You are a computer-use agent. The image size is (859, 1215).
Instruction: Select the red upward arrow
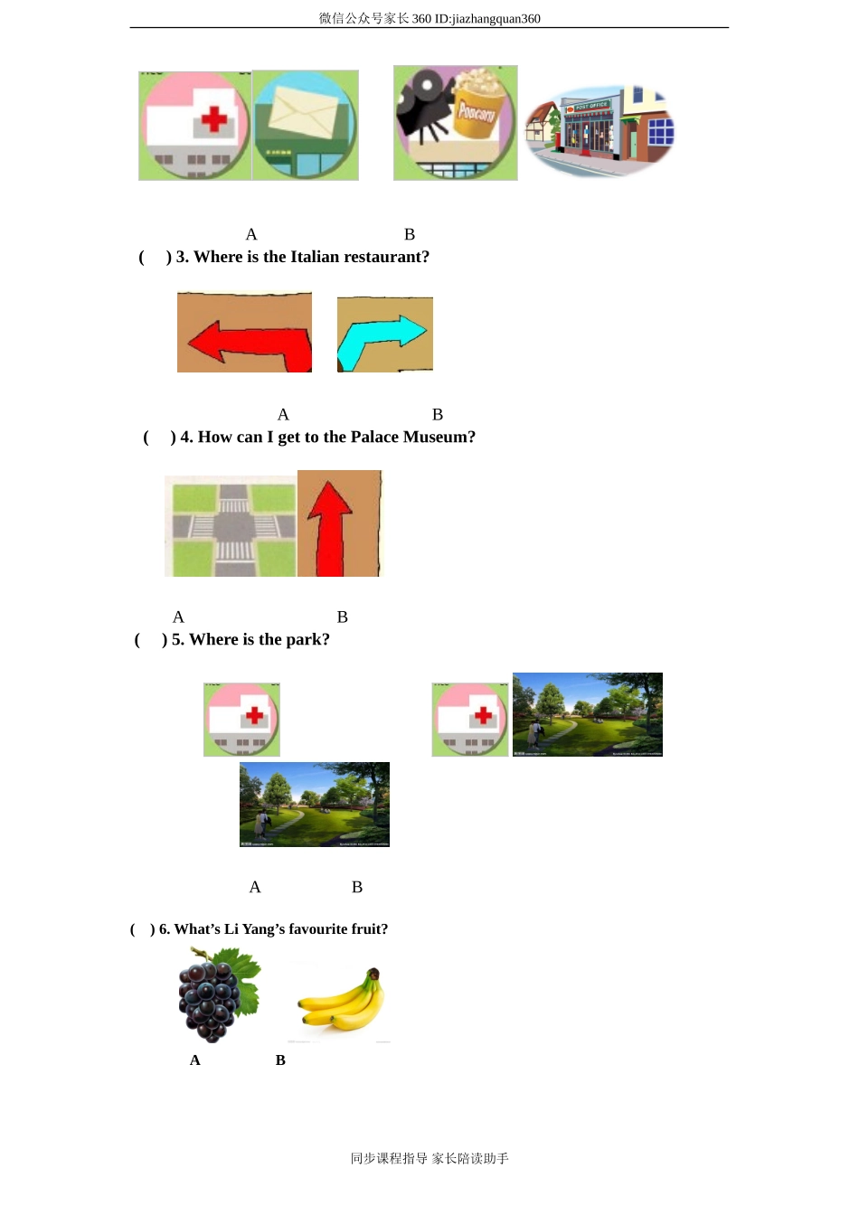click(330, 529)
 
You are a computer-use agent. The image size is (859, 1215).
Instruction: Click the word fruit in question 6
click(370, 929)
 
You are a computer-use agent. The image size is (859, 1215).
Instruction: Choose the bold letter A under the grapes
click(194, 1060)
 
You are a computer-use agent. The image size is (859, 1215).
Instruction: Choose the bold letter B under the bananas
click(280, 1060)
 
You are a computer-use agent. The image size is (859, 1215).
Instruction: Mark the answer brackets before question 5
click(151, 640)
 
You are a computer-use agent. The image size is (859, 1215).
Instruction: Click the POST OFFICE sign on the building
click(591, 106)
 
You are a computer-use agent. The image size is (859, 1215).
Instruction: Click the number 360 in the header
click(421, 19)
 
